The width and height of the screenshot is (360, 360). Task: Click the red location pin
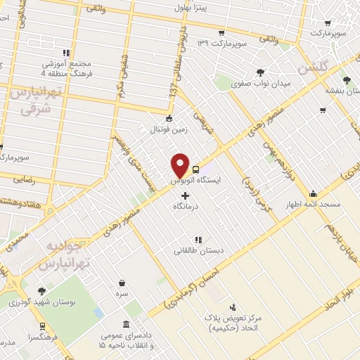pyautogui.click(x=181, y=165)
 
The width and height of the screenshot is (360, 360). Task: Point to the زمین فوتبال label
pyautogui.click(x=167, y=130)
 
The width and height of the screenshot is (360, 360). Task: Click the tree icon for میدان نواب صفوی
pyautogui.click(x=261, y=72)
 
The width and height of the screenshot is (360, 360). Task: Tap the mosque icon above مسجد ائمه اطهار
pyautogui.click(x=313, y=193)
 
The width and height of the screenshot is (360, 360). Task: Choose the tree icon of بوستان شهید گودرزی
pyautogui.click(x=41, y=290)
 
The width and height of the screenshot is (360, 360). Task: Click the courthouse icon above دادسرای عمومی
pyautogui.click(x=125, y=325)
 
